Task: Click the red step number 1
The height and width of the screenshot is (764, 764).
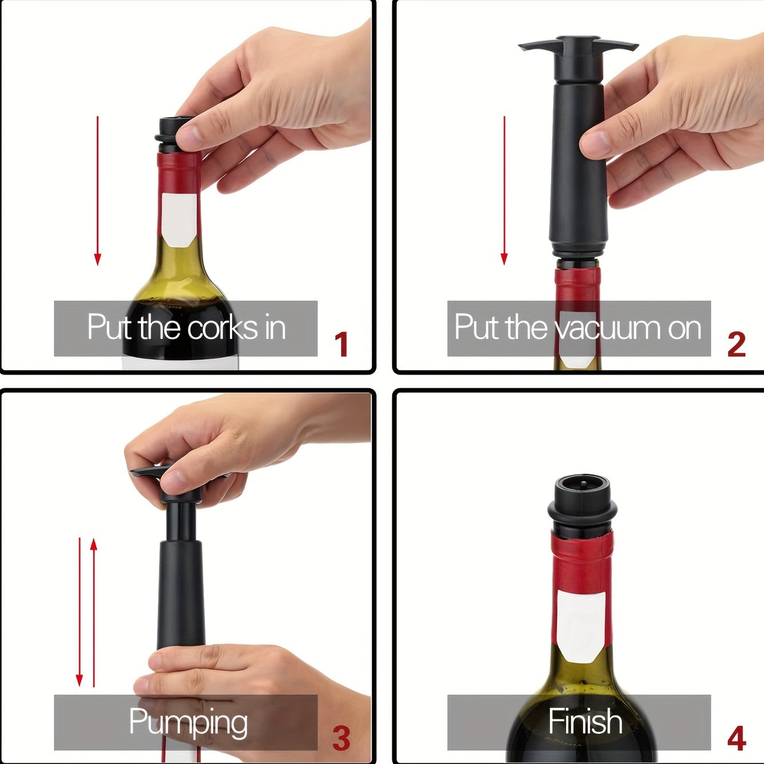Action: (341, 344)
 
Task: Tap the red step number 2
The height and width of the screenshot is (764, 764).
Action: (736, 344)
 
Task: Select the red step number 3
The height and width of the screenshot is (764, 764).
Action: (341, 738)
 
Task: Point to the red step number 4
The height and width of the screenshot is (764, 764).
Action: (737, 738)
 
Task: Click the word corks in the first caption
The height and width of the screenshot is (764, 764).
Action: (223, 328)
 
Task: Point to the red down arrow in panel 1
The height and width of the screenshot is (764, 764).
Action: (98, 191)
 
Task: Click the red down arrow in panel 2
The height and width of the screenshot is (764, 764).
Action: (504, 190)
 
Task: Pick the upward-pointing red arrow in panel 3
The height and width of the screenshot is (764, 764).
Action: (94, 612)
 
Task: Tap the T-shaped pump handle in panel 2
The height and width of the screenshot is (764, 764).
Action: (578, 47)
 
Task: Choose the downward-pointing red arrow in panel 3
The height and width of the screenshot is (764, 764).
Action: (79, 612)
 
